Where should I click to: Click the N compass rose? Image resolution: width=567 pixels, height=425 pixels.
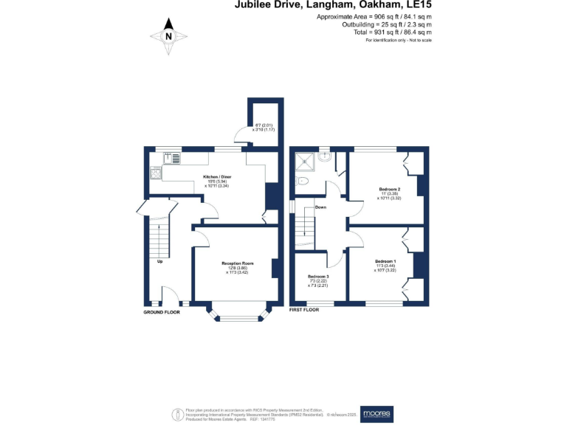(x=168, y=35)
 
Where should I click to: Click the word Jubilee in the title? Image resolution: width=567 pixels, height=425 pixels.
(x=255, y=4)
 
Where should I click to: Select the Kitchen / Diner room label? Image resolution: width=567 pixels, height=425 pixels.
(x=218, y=177)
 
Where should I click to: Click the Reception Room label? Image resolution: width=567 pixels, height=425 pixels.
(x=238, y=263)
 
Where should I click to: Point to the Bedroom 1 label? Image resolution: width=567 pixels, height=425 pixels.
(x=385, y=261)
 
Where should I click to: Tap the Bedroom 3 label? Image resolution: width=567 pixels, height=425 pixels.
(x=318, y=277)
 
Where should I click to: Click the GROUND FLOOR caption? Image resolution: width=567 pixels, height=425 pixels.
(x=162, y=311)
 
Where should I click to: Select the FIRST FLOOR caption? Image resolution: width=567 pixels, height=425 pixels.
(x=304, y=310)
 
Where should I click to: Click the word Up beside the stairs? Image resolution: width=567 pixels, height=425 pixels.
(x=159, y=260)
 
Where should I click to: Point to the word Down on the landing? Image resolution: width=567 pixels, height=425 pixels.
(x=320, y=207)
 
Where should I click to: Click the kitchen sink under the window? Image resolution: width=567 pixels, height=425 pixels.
(x=171, y=156)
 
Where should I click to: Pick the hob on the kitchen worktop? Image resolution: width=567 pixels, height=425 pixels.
(x=155, y=174)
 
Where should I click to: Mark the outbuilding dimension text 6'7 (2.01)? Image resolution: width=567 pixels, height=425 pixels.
(x=264, y=125)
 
